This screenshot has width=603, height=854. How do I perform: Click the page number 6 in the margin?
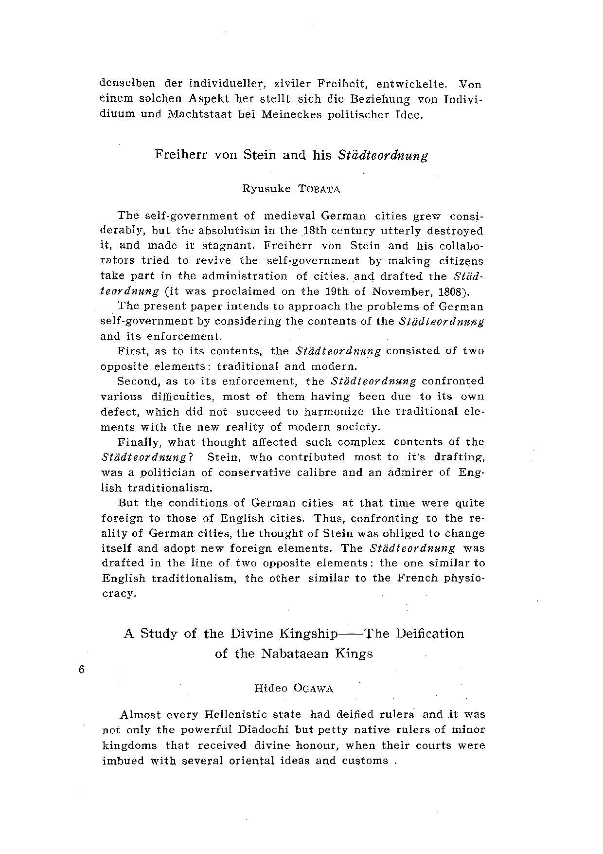click(81, 669)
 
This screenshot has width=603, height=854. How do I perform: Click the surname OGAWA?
click(317, 689)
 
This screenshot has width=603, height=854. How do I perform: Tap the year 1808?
click(450, 291)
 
